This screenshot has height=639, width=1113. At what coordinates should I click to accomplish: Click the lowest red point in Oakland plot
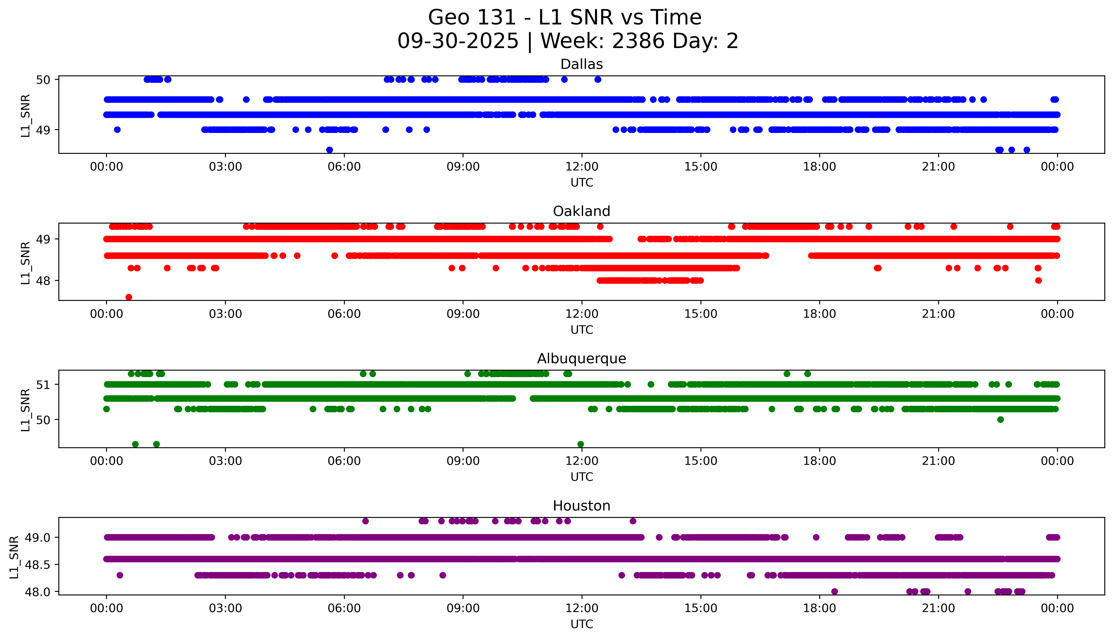129,297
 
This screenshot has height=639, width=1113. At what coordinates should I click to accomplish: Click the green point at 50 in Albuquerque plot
1001,419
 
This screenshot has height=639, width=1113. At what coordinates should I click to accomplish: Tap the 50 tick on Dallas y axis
45,79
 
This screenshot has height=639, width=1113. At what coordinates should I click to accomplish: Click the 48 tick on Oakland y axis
45,280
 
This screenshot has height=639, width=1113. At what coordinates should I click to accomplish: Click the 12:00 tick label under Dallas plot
582,167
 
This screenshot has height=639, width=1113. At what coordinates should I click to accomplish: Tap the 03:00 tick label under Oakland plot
225,314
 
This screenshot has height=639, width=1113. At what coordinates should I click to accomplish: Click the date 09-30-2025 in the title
458,41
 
